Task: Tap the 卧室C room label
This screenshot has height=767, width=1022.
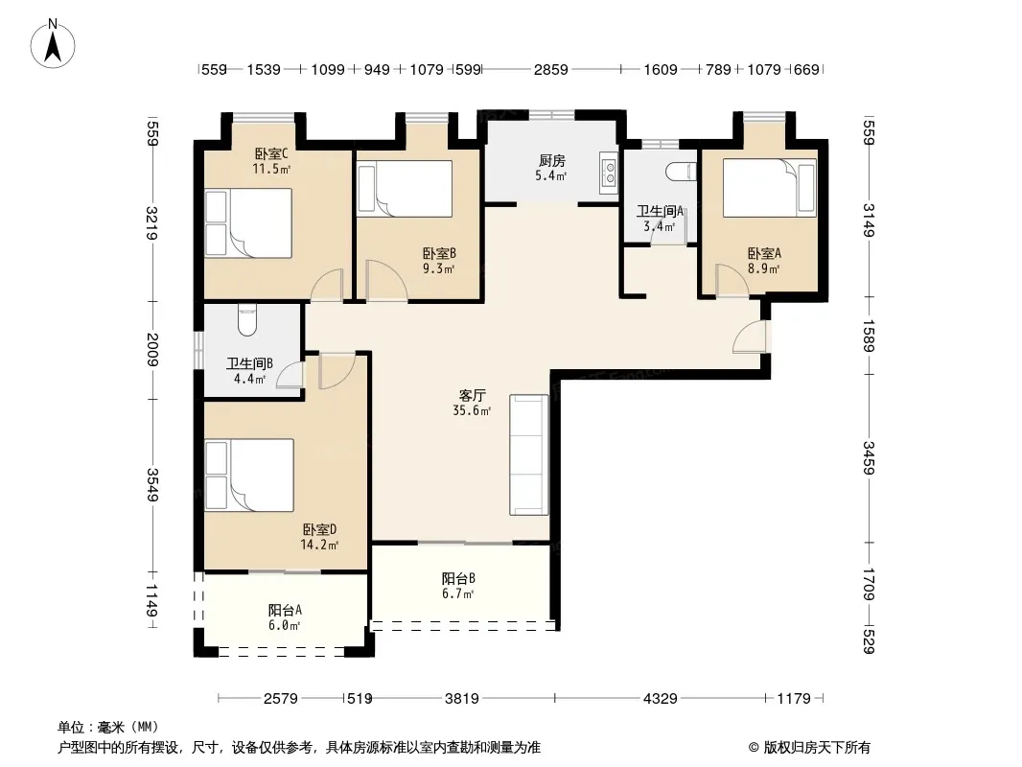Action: tap(271, 154)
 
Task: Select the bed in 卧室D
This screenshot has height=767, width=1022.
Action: tap(249, 475)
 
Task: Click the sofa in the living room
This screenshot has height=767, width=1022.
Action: tap(528, 454)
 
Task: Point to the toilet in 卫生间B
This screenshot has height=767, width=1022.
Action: tap(247, 319)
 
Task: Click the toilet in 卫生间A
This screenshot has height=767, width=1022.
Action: tap(682, 172)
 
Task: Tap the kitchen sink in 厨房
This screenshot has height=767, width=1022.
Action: tap(610, 173)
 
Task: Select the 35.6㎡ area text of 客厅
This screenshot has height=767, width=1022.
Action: tap(472, 410)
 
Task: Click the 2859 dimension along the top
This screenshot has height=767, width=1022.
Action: tap(550, 69)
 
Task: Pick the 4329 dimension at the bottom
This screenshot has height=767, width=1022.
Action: tap(661, 699)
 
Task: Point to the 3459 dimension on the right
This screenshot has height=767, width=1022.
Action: tap(869, 458)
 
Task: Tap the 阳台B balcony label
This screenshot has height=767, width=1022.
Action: tap(458, 578)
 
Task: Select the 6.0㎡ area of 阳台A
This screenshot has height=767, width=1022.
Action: tap(284, 626)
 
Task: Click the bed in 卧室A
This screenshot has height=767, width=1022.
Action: tap(770, 188)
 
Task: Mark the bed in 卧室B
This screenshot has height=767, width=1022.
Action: tap(405, 189)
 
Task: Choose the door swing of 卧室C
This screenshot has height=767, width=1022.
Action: tap(327, 286)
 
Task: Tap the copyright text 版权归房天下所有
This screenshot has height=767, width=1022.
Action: tap(817, 748)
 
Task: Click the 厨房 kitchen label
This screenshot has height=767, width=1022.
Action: tap(552, 160)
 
